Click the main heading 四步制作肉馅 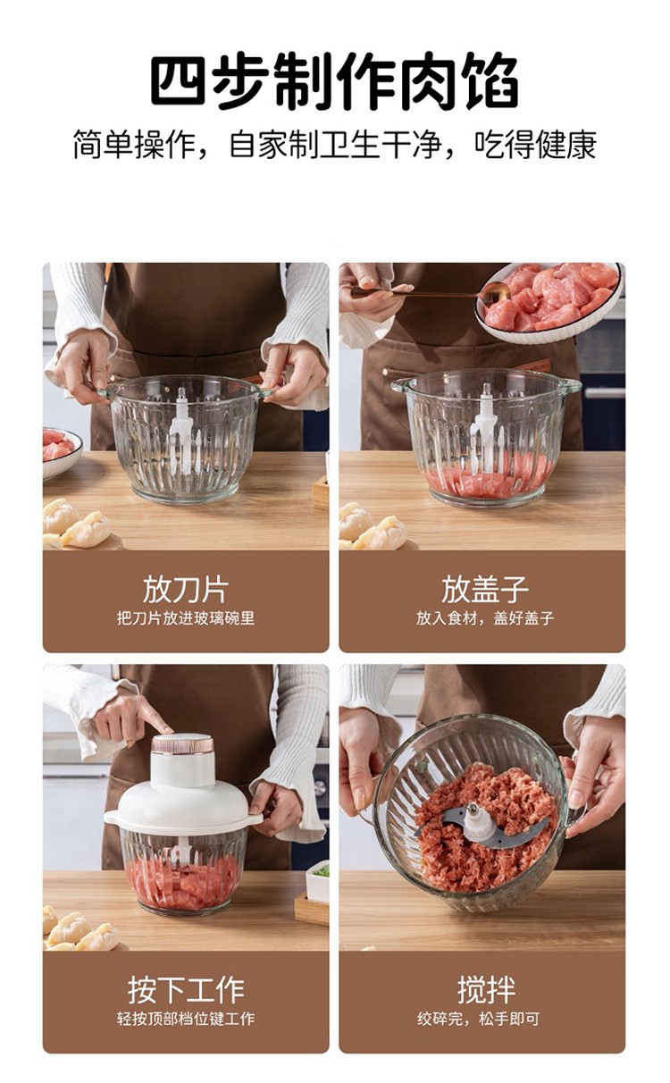coord(334,80)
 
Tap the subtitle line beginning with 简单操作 coord(334,145)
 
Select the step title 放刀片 coord(186,590)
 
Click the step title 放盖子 coord(485,590)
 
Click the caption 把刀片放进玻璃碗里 coord(186,618)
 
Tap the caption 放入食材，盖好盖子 coord(485,618)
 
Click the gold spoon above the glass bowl coord(431,292)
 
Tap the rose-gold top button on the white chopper coord(183,745)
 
